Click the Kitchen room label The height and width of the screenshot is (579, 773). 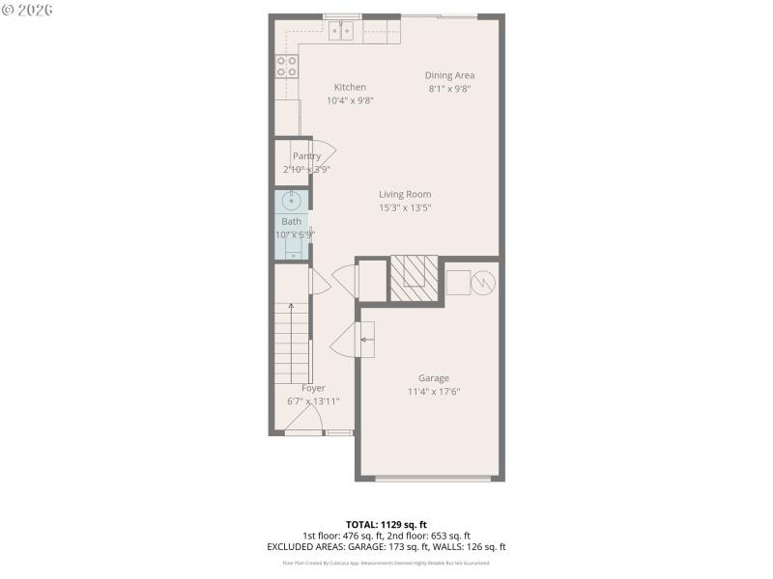pos(350,87)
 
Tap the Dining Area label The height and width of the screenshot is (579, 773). pos(450,75)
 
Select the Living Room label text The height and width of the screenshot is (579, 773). pos(405,194)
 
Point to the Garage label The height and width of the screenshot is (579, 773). pos(433,378)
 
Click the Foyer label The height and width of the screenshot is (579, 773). pos(313,388)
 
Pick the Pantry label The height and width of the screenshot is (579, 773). pos(307,156)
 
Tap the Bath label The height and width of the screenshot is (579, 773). pos(291,222)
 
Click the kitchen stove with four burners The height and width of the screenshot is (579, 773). pos(287,66)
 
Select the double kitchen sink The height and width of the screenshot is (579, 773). pos(341,31)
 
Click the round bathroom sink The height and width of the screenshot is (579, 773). pos(292,202)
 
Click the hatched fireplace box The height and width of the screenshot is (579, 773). pos(413,278)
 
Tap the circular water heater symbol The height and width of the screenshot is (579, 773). pos(483,284)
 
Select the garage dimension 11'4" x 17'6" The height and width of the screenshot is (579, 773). pos(433,392)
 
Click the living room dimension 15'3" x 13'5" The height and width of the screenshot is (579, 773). pos(405,207)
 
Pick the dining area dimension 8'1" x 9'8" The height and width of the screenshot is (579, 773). pos(450,89)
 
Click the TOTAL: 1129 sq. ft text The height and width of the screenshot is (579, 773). pos(386,524)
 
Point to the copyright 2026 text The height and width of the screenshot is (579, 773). pos(28,10)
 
